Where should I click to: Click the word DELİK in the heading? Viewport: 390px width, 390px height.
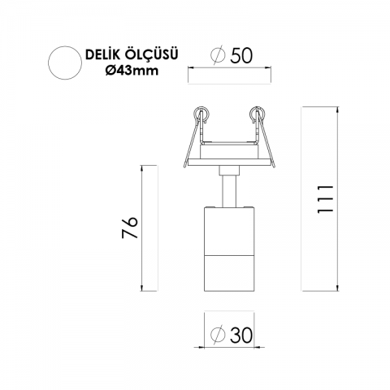pyautogui.click(x=102, y=55)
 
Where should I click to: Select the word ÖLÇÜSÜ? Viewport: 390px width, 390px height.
pyautogui.click(x=151, y=54)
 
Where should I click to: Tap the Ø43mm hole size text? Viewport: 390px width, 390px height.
pyautogui.click(x=132, y=71)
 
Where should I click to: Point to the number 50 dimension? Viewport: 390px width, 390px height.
pyautogui.click(x=241, y=56)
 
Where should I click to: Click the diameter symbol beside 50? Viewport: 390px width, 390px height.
pyautogui.click(x=218, y=54)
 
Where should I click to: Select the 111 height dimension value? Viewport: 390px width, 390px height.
pyautogui.click(x=325, y=199)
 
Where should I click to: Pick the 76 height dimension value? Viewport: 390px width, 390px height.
pyautogui.click(x=130, y=227)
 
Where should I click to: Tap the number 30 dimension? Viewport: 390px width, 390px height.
pyautogui.click(x=241, y=336)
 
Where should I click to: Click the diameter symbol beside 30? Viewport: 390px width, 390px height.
pyautogui.click(x=218, y=335)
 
